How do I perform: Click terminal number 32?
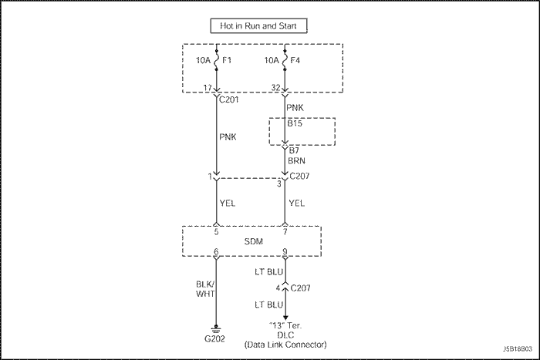(x=276, y=87)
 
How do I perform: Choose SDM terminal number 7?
(x=285, y=231)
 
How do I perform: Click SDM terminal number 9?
(x=285, y=251)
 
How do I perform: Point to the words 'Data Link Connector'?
(x=286, y=344)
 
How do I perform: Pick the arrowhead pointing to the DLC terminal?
(x=286, y=315)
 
